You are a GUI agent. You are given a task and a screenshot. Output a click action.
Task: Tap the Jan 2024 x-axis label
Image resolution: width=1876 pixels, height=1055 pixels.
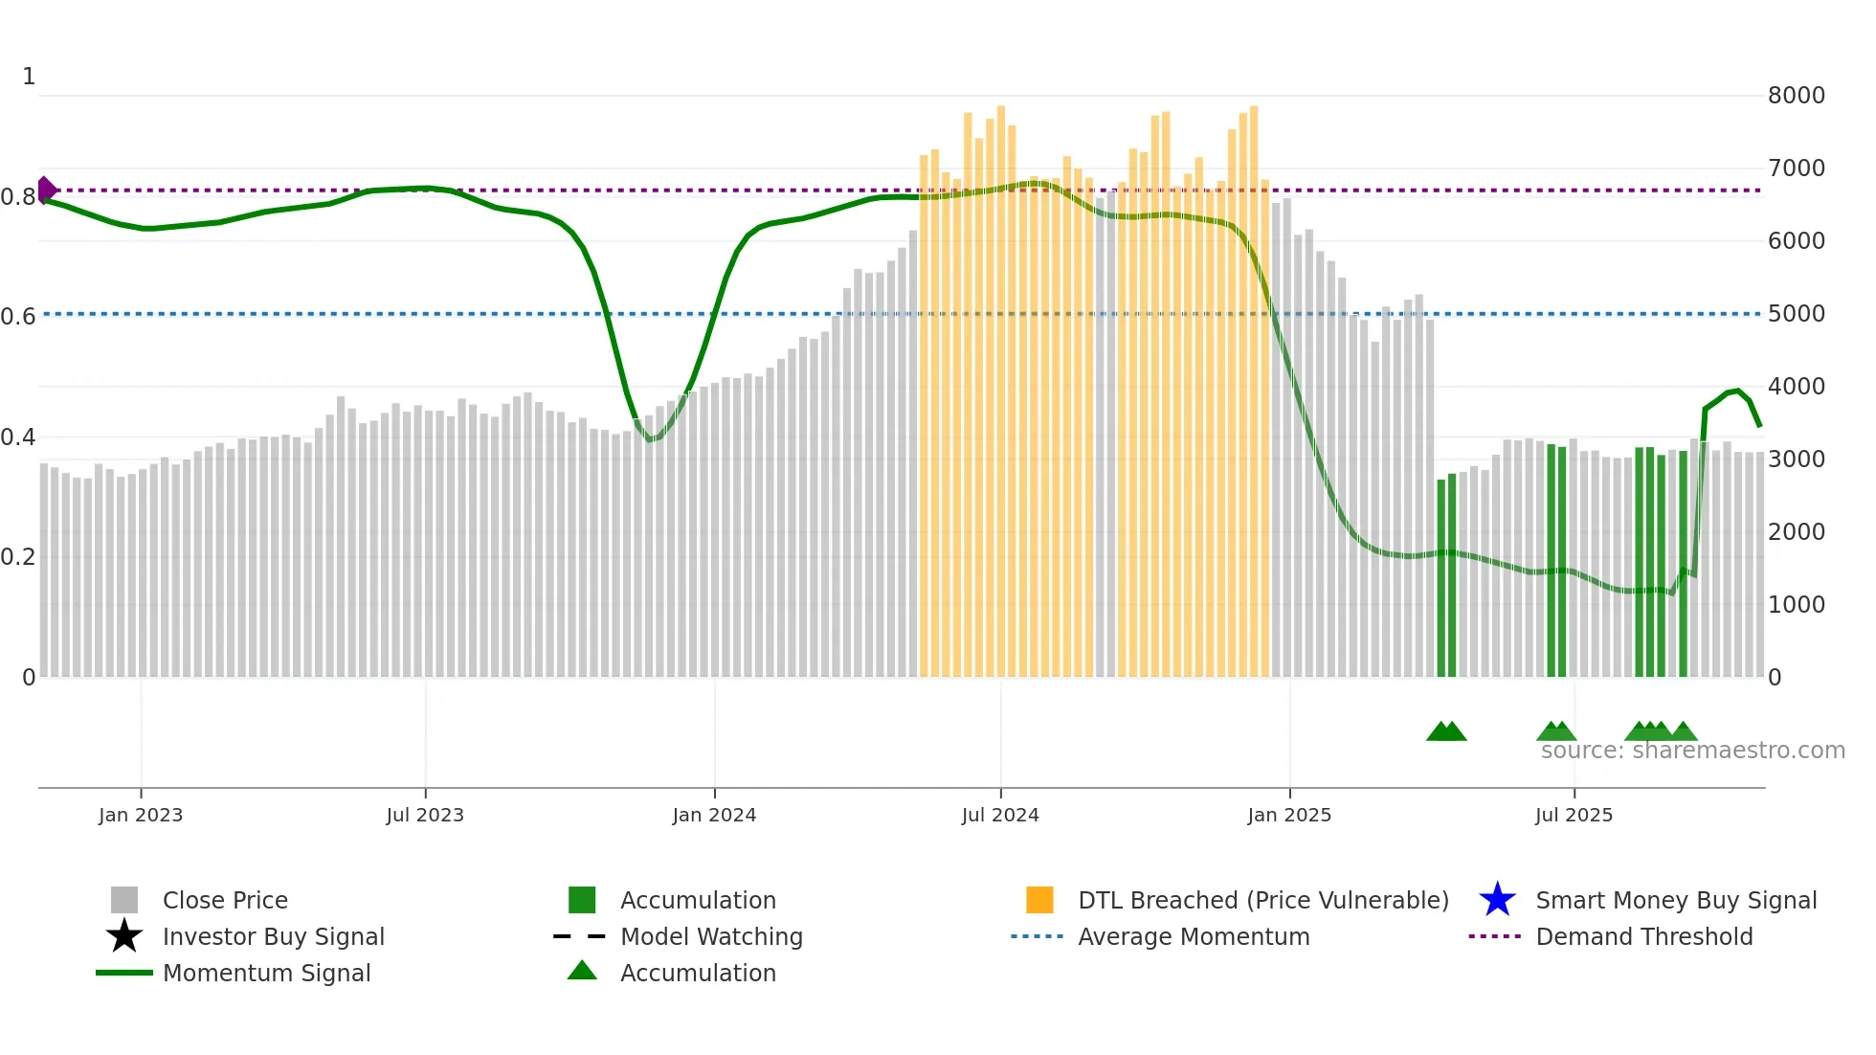(714, 816)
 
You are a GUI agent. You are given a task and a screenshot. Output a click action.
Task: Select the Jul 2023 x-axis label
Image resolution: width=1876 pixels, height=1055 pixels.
(425, 816)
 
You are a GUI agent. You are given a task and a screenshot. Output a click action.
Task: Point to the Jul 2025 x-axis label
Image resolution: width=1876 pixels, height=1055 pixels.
(1574, 816)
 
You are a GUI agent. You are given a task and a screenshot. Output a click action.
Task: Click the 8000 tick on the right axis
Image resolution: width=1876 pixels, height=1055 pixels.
(1796, 96)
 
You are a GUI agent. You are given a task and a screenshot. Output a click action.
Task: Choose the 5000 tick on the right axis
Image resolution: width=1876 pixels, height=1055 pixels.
(1796, 314)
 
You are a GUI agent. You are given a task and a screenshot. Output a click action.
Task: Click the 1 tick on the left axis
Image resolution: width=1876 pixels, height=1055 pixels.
(29, 77)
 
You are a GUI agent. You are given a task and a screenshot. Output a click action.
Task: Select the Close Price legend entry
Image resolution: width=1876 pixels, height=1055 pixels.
(225, 901)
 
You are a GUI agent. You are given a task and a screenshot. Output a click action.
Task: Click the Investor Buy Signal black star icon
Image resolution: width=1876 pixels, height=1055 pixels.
(124, 936)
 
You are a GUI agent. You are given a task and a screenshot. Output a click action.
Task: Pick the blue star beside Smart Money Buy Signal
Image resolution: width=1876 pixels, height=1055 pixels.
(1497, 900)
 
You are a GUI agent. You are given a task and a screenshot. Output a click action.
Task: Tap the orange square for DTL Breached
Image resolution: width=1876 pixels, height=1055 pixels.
(1039, 900)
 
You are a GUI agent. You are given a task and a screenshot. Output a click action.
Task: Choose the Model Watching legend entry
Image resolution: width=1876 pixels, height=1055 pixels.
(711, 937)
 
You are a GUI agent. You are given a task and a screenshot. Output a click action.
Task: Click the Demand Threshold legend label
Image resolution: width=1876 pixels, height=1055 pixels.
(1643, 937)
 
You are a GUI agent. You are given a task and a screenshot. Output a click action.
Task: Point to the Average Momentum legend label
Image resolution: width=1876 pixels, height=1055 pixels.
(1194, 937)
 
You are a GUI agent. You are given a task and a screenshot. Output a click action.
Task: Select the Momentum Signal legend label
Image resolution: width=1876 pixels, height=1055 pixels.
(266, 974)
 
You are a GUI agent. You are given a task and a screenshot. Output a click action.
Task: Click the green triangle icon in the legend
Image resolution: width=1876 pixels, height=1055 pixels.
(582, 972)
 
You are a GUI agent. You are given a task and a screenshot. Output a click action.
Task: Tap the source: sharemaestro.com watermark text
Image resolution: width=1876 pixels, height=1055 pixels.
(1692, 751)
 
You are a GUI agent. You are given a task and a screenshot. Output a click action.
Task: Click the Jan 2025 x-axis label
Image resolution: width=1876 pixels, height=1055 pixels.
(1289, 816)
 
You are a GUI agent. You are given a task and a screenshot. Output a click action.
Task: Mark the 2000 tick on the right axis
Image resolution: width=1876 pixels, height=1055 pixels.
(1796, 532)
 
